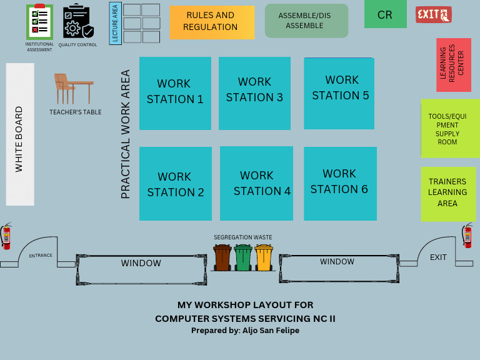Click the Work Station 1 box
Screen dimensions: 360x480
click(175, 93)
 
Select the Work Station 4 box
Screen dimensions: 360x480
click(256, 183)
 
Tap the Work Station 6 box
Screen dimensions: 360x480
click(340, 184)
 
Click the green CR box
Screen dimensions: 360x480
click(385, 15)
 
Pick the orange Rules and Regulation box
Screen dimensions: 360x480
click(212, 22)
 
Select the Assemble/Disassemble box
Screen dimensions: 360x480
click(306, 21)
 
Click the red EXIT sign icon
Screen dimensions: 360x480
click(433, 14)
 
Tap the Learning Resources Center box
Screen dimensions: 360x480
click(453, 64)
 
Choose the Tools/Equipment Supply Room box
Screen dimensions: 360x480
click(449, 128)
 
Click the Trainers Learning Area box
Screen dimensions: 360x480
click(448, 194)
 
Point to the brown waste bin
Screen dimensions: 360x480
click(222, 257)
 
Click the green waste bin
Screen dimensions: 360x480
click(243, 257)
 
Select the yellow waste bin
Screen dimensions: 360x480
click(264, 257)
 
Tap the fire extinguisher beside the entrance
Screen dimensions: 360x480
click(6, 236)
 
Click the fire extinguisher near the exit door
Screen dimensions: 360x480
click(467, 236)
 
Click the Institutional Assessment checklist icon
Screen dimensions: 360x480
click(39, 21)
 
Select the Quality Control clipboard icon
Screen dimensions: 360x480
click(77, 22)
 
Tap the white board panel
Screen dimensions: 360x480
click(20, 134)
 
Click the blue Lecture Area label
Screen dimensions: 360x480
click(115, 24)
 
